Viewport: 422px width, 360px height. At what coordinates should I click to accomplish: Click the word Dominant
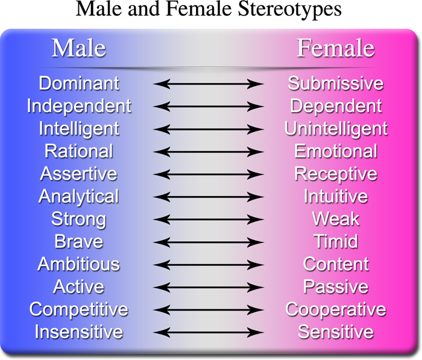pos(79,83)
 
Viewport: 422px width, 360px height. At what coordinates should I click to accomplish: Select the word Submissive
pos(336,83)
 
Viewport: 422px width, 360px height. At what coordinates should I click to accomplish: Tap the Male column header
pos(78,48)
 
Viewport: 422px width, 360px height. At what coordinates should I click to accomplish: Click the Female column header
pos(336,48)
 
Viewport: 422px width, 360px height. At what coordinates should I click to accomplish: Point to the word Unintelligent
pos(336,129)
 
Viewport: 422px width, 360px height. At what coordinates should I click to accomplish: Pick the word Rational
pos(79,151)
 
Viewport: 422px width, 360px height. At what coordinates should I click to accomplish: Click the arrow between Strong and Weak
pos(209,219)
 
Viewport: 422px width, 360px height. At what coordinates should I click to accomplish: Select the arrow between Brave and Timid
pos(209,242)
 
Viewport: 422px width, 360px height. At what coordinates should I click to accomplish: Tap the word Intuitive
pos(336,197)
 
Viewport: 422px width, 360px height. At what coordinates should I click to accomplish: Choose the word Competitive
pos(78,310)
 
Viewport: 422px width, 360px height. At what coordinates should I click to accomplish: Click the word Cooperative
pos(336,310)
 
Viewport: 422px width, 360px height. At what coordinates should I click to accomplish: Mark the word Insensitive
pos(78,332)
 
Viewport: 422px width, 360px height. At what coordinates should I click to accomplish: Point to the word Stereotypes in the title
pos(289,9)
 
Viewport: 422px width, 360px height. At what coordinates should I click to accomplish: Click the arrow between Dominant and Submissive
pos(209,84)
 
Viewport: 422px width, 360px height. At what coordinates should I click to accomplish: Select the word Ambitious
pos(78,264)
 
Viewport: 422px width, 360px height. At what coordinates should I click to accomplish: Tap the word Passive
pos(336,287)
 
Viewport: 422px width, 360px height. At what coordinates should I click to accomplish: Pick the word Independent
pos(79,106)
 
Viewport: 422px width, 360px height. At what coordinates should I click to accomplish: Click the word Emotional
pos(336,151)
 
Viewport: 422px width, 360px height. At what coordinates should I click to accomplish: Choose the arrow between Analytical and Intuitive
pos(209,197)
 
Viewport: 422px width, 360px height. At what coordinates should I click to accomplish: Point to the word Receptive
pos(336,174)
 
